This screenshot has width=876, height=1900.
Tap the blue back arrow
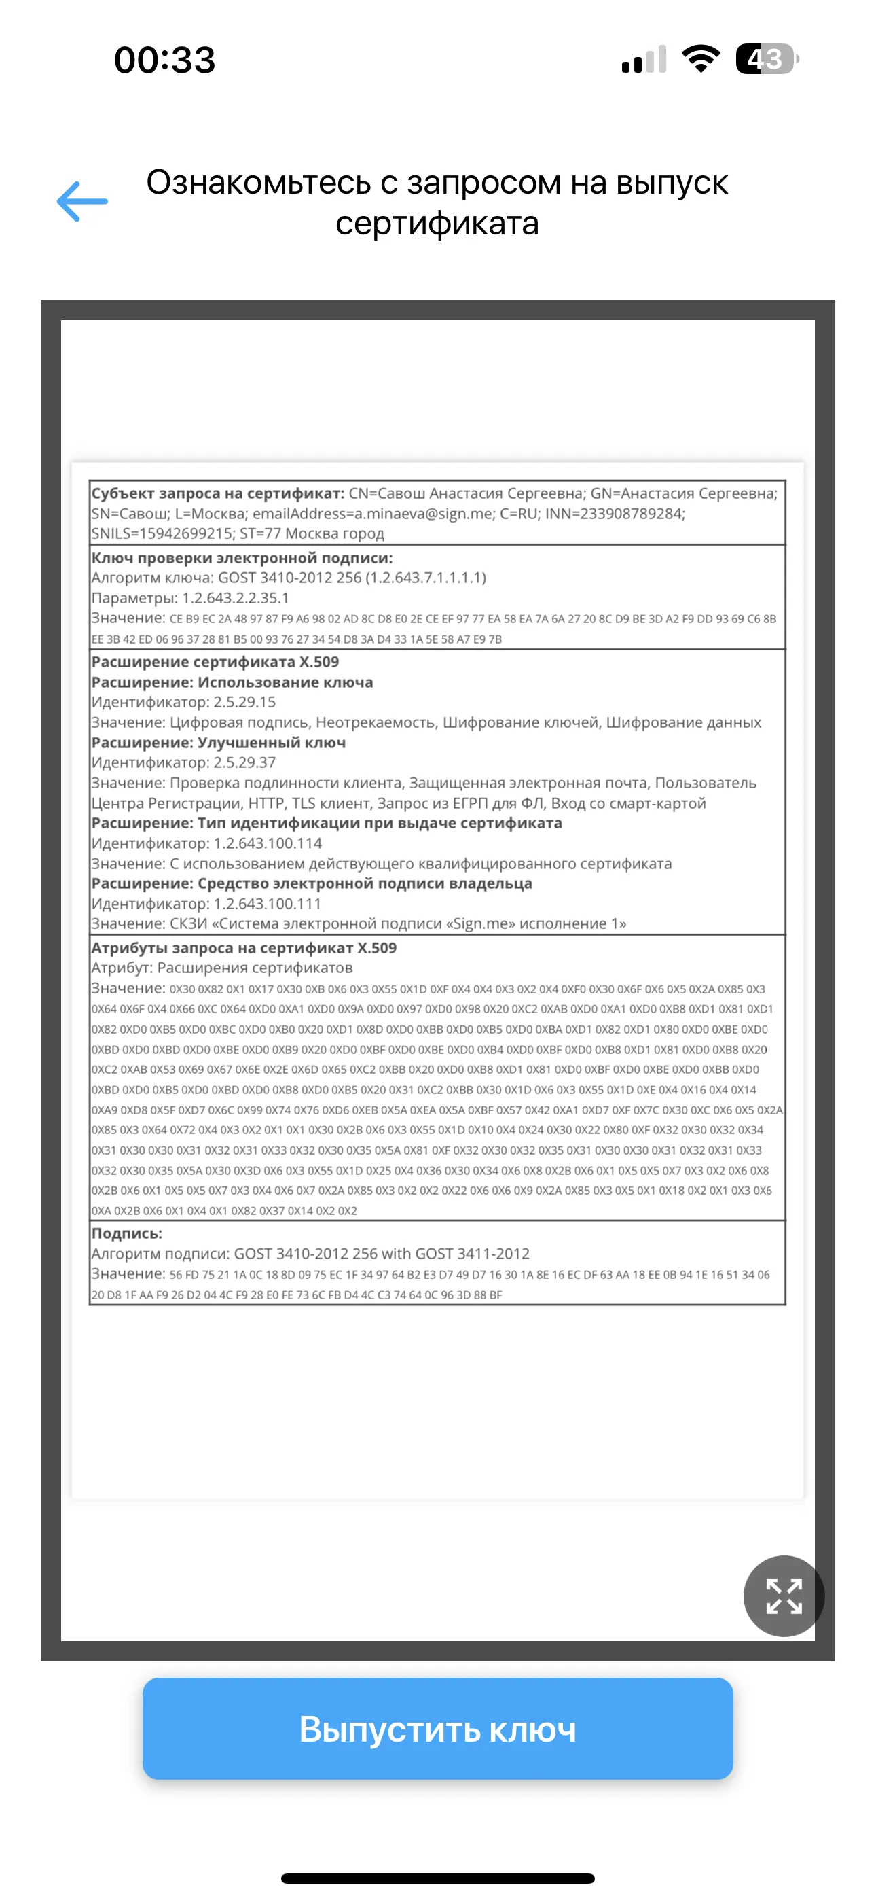click(x=83, y=201)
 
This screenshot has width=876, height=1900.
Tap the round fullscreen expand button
click(x=783, y=1596)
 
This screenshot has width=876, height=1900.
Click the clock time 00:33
click(x=164, y=60)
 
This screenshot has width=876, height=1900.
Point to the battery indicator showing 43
click(x=767, y=59)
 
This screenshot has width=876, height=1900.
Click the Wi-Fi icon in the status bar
click(x=701, y=59)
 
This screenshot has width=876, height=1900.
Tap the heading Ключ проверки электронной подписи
click(x=242, y=559)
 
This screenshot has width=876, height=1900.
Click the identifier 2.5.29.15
click(x=244, y=702)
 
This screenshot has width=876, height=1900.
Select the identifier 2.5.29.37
click(x=244, y=762)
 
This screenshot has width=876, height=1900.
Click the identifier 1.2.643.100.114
click(x=268, y=844)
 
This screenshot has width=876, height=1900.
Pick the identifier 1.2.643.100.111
click(x=268, y=904)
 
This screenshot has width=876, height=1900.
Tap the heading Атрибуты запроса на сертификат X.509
click(x=243, y=948)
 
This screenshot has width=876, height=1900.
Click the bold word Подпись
click(x=126, y=1233)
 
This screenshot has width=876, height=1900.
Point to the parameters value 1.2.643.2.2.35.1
click(x=235, y=598)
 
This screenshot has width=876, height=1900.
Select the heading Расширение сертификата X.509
click(x=215, y=663)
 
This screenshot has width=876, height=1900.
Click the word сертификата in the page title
click(x=437, y=224)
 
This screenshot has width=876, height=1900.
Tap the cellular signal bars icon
click(x=644, y=59)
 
